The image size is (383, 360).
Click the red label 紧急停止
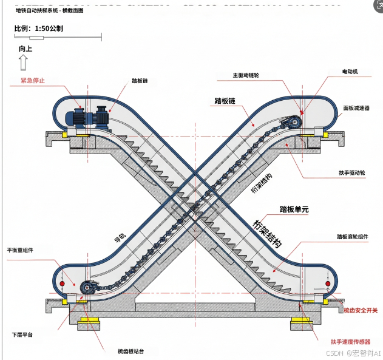pyautogui.click(x=33, y=80)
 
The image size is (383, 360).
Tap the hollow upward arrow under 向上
pyautogui.click(x=23, y=62)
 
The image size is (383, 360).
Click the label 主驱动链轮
pyautogui.click(x=245, y=76)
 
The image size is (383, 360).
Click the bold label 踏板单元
pyautogui.click(x=294, y=209)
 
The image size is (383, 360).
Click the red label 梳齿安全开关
pyautogui.click(x=361, y=310)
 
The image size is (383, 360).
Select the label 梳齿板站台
pyautogui.click(x=130, y=351)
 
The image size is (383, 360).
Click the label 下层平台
pyautogui.click(x=23, y=335)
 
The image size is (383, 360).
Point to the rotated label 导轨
pyautogui.click(x=120, y=241)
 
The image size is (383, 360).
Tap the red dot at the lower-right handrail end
pyautogui.click(x=327, y=284)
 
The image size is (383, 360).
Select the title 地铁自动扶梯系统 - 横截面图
pyautogui.click(x=50, y=11)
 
